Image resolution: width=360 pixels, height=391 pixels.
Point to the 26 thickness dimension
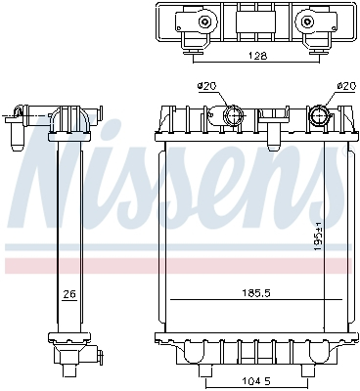[x=68, y=292]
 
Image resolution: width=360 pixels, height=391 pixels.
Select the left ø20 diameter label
[x=206, y=86]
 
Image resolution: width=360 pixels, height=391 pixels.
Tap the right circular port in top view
[x=305, y=22]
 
